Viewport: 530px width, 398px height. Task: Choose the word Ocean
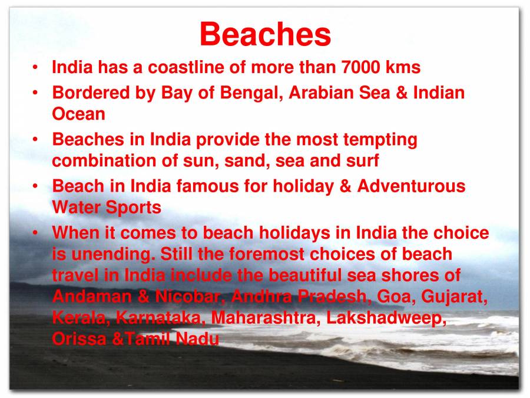point(78,114)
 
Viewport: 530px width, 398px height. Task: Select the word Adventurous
point(411,186)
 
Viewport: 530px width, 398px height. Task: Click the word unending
point(112,254)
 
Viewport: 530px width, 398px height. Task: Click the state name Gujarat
point(454,296)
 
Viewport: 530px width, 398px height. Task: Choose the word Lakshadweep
point(385,318)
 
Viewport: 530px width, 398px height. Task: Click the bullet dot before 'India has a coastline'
point(37,68)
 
